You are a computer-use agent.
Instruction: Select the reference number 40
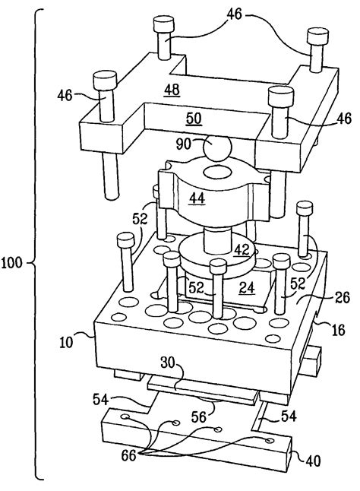[315, 458]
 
